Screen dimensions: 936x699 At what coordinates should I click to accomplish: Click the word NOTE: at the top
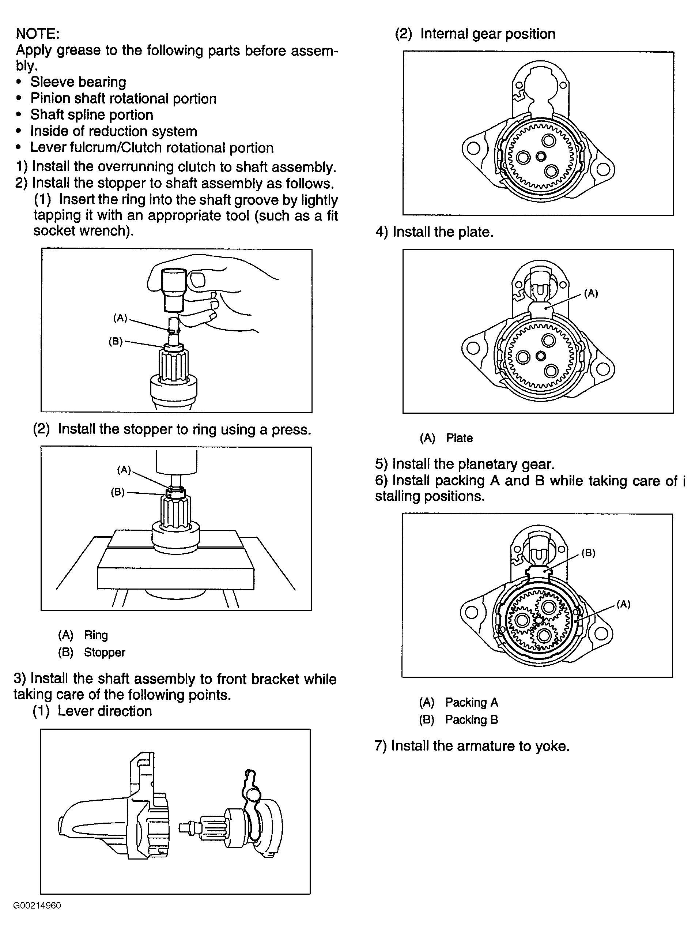(x=38, y=34)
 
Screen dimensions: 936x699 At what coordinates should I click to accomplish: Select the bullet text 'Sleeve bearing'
(x=78, y=82)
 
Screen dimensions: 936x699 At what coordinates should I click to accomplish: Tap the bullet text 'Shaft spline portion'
(x=92, y=115)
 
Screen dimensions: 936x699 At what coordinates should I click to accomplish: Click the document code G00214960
(x=37, y=906)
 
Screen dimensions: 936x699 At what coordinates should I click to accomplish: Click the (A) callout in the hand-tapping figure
(x=120, y=318)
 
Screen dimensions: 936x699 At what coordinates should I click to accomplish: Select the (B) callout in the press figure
(x=118, y=492)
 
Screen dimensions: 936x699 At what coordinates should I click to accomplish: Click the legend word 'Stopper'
(x=105, y=652)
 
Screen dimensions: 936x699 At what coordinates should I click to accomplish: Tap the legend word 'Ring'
(x=96, y=635)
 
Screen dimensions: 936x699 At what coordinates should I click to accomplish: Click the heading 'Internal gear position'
(x=488, y=34)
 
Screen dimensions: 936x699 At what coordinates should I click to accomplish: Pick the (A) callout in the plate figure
(x=591, y=293)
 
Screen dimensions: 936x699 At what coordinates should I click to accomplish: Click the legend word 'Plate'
(x=459, y=438)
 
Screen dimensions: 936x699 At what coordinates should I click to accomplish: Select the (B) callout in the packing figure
(x=588, y=553)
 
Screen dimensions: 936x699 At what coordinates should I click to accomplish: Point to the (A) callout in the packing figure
(x=623, y=604)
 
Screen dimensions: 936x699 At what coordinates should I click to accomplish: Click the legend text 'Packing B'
(x=472, y=719)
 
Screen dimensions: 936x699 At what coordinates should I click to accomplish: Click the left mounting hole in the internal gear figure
(x=473, y=149)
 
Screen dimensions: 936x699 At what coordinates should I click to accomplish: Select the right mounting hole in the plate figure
(x=602, y=369)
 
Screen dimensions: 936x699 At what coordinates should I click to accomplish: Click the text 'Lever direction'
(x=105, y=711)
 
